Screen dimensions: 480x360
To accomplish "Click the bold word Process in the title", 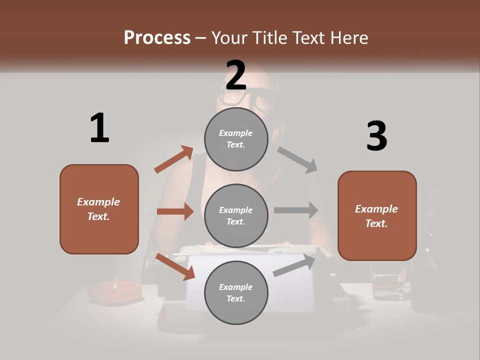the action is pos(157,37).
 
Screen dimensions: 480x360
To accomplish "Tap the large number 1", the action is pos(99,128).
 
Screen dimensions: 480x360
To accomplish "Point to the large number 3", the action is pos(376,136).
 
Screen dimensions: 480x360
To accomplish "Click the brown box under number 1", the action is pos(99,209).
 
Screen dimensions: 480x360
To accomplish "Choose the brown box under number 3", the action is pos(377,216).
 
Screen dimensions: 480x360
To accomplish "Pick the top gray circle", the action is pos(236,139).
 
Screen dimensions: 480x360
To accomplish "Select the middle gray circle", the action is pos(236,215).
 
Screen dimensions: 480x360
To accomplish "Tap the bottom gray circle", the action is pos(236,292).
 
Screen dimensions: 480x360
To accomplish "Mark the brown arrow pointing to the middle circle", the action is pos(175,211).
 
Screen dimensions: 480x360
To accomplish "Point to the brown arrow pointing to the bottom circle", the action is pos(175,266).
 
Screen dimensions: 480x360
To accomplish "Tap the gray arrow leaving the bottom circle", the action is pos(294,265).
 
